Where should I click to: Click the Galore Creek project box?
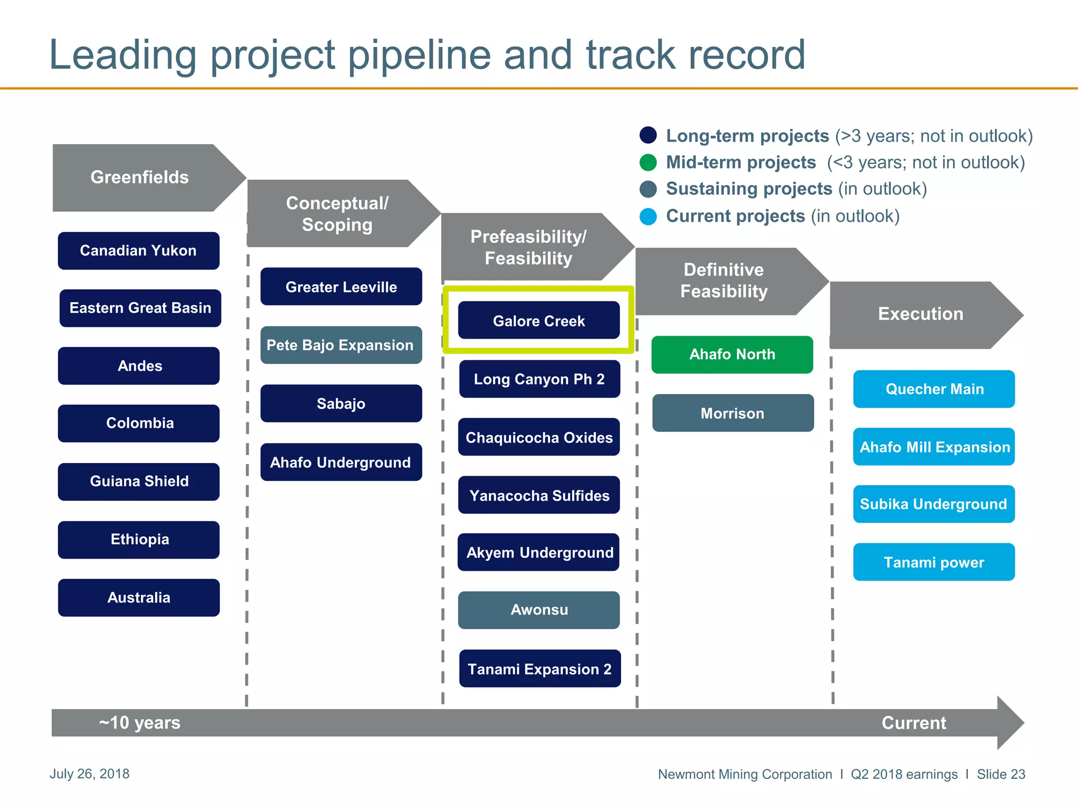[538, 320]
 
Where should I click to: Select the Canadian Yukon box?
[138, 251]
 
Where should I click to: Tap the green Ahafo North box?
[732, 354]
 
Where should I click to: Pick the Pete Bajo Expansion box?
[341, 345]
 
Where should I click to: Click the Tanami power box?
[934, 562]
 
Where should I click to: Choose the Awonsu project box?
[538, 610]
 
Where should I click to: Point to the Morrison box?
[733, 413]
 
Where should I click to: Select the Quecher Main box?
[934, 389]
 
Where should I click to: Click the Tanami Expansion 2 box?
[540, 668]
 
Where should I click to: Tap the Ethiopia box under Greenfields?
[139, 539]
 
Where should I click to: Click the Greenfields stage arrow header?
[140, 177]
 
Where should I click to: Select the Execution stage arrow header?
[920, 314]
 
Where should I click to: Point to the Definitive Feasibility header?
[724, 281]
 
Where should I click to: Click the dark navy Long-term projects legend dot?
[648, 135]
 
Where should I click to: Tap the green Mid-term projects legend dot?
[648, 162]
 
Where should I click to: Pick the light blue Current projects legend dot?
[648, 216]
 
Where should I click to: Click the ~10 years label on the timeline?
[139, 723]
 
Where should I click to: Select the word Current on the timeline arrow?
[913, 723]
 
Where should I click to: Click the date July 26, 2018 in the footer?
[89, 774]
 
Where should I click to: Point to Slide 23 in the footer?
[1001, 774]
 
